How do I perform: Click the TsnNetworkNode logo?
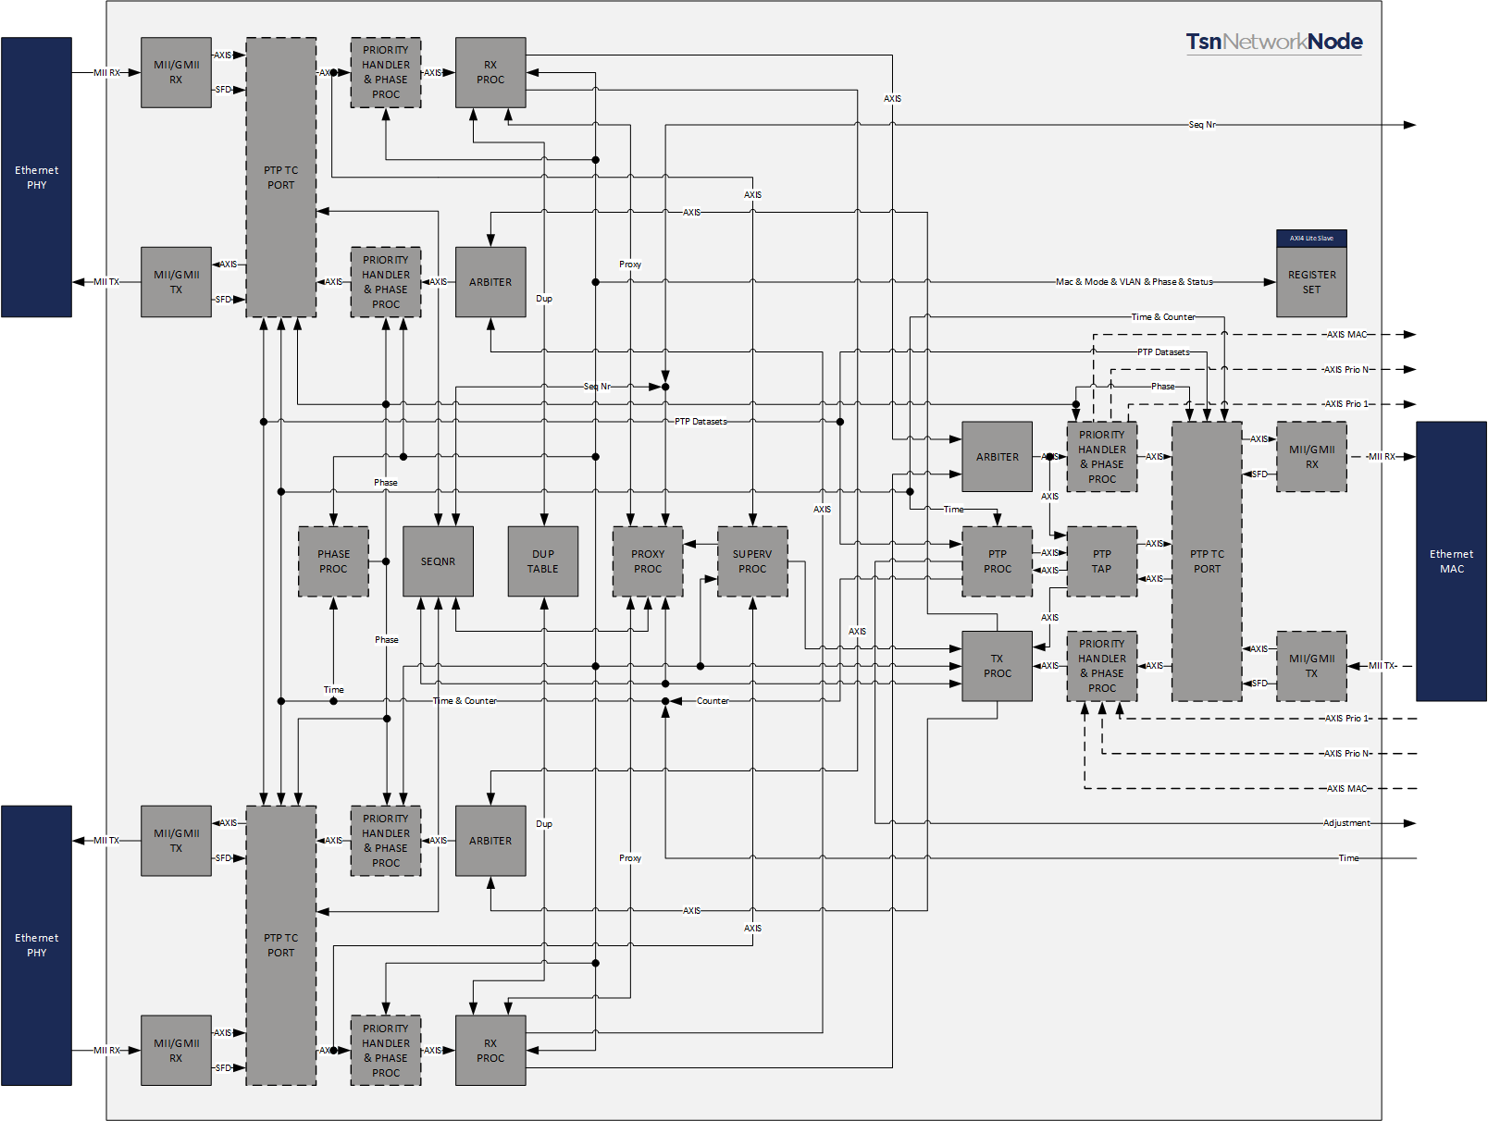tap(1273, 42)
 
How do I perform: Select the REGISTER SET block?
tap(1311, 282)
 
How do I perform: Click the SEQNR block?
tap(438, 561)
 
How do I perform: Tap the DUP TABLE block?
tap(543, 561)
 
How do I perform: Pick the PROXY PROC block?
tap(648, 561)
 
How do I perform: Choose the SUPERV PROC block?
tap(752, 561)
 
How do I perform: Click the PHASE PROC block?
tap(333, 561)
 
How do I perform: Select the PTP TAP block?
tap(1101, 561)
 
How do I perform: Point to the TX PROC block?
tap(997, 666)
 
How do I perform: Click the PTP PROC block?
tap(997, 561)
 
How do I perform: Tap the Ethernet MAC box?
tap(1451, 561)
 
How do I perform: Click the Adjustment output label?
tap(1346, 823)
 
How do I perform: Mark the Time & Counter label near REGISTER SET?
tap(1163, 317)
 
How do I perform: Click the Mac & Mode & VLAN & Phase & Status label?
tap(1134, 282)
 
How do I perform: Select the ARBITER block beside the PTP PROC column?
tap(997, 457)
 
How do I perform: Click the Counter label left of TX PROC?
tap(713, 701)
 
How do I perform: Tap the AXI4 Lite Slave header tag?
tap(1311, 239)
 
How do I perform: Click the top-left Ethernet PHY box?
tap(36, 178)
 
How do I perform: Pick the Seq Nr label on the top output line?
tap(1202, 125)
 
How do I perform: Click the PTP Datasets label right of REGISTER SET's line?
tap(1163, 352)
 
